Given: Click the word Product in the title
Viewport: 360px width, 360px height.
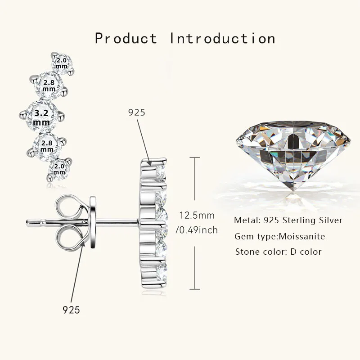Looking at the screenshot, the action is [x=126, y=38].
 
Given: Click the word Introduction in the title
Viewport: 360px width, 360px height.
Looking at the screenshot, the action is [x=222, y=38].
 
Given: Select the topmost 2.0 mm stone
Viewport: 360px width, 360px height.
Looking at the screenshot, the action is [x=62, y=63].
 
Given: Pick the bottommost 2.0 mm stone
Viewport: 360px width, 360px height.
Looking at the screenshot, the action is [x=59, y=169].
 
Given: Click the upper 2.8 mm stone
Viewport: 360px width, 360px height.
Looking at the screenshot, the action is [x=49, y=84].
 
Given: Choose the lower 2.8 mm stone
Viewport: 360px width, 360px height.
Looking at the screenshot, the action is [x=47, y=145].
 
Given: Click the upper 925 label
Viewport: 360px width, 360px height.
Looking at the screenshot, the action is [x=137, y=112].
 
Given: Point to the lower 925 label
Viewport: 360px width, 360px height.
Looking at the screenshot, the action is [x=71, y=310].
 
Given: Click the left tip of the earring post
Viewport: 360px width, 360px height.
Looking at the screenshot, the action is [x=28, y=221].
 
